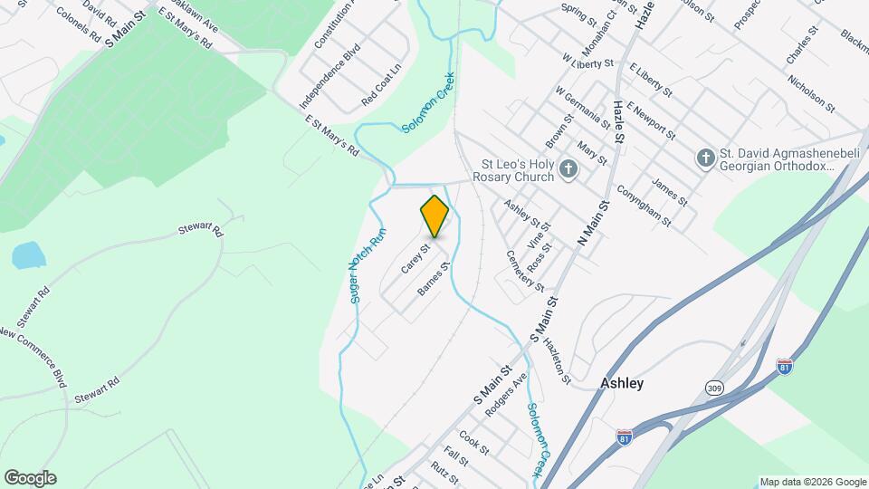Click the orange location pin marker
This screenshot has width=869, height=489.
[x=435, y=216]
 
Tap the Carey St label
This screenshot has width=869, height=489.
[x=415, y=258]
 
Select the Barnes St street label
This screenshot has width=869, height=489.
[x=434, y=279]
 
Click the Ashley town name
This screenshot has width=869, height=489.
[x=622, y=383]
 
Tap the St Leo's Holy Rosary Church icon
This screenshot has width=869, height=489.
[x=568, y=168]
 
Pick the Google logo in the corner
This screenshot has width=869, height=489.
[x=30, y=478]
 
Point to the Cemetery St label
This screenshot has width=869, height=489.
[x=525, y=272]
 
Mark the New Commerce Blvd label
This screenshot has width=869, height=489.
[x=33, y=357]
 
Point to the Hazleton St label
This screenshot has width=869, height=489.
[x=557, y=360]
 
